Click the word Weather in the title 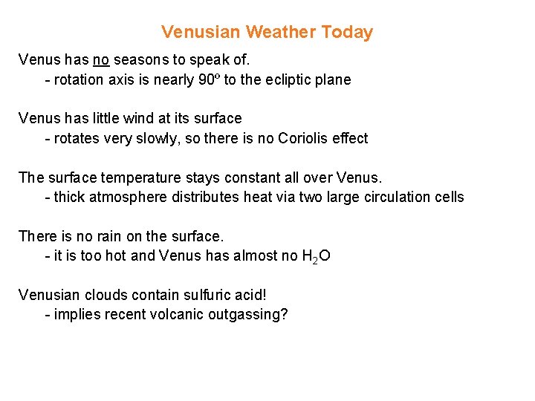[x=281, y=32]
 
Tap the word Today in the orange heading [x=347, y=32]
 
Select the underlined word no [x=101, y=59]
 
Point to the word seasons [x=142, y=59]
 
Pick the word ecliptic [x=285, y=79]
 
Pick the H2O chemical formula [x=317, y=257]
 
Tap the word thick [x=68, y=198]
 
